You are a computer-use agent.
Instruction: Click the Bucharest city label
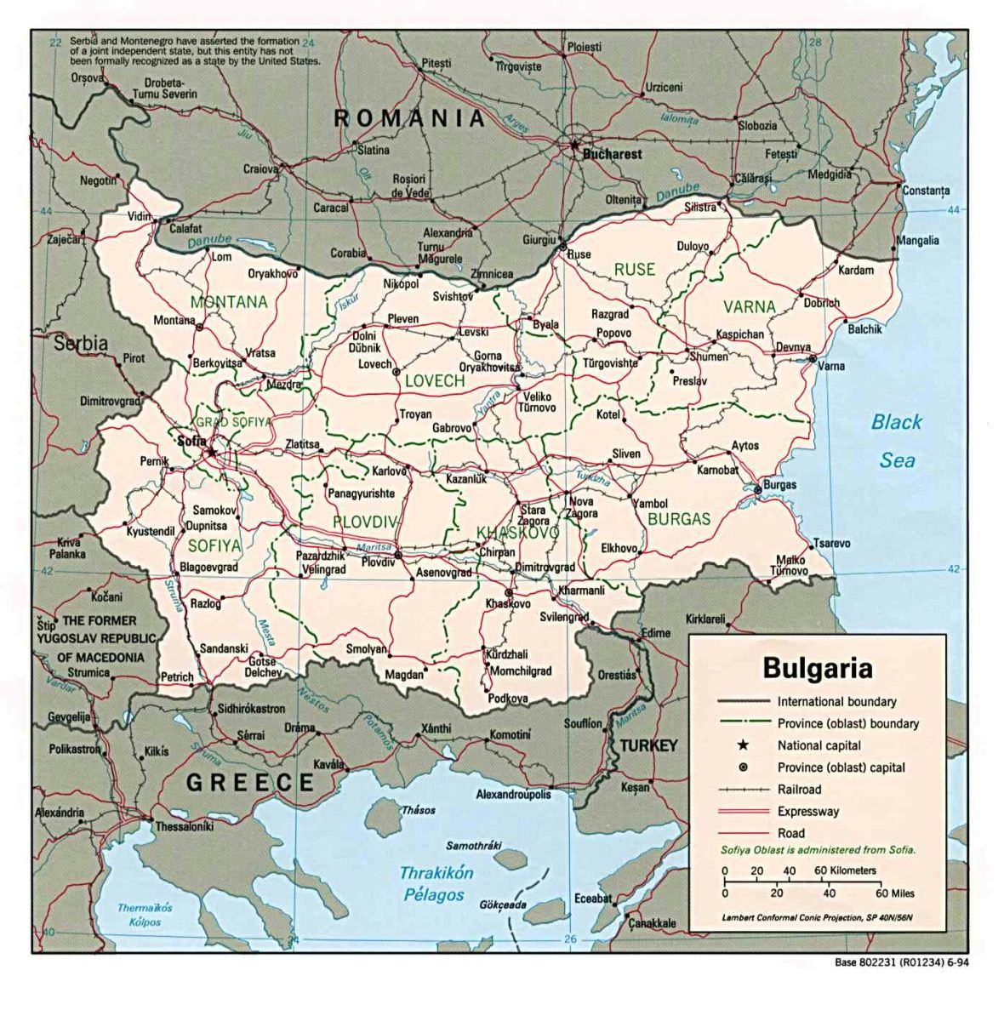pyautogui.click(x=612, y=155)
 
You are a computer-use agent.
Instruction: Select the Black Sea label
pyautogui.click(x=897, y=441)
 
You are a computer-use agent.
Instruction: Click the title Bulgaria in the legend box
pyautogui.click(x=817, y=667)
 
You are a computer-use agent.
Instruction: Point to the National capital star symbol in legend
pyautogui.click(x=742, y=745)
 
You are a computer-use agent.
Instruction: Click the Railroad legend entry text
pyautogui.click(x=799, y=790)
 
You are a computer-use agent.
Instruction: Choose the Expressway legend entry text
pyautogui.click(x=807, y=812)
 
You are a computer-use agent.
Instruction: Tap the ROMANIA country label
pyautogui.click(x=409, y=118)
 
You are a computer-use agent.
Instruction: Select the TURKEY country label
pyautogui.click(x=648, y=746)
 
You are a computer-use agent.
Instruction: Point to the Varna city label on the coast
pyautogui.click(x=830, y=366)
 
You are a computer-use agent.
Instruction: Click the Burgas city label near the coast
pyautogui.click(x=779, y=485)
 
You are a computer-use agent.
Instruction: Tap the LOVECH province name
pyautogui.click(x=435, y=381)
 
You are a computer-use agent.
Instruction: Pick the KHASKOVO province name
pyautogui.click(x=517, y=533)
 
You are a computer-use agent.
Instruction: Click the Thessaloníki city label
pyautogui.click(x=184, y=826)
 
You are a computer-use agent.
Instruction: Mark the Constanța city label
pyautogui.click(x=926, y=191)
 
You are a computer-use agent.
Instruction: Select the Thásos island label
pyautogui.click(x=418, y=810)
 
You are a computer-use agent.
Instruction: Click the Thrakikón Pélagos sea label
pyautogui.click(x=436, y=883)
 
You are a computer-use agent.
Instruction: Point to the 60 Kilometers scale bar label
pyautogui.click(x=845, y=870)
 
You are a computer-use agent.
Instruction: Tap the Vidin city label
pyautogui.click(x=140, y=216)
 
